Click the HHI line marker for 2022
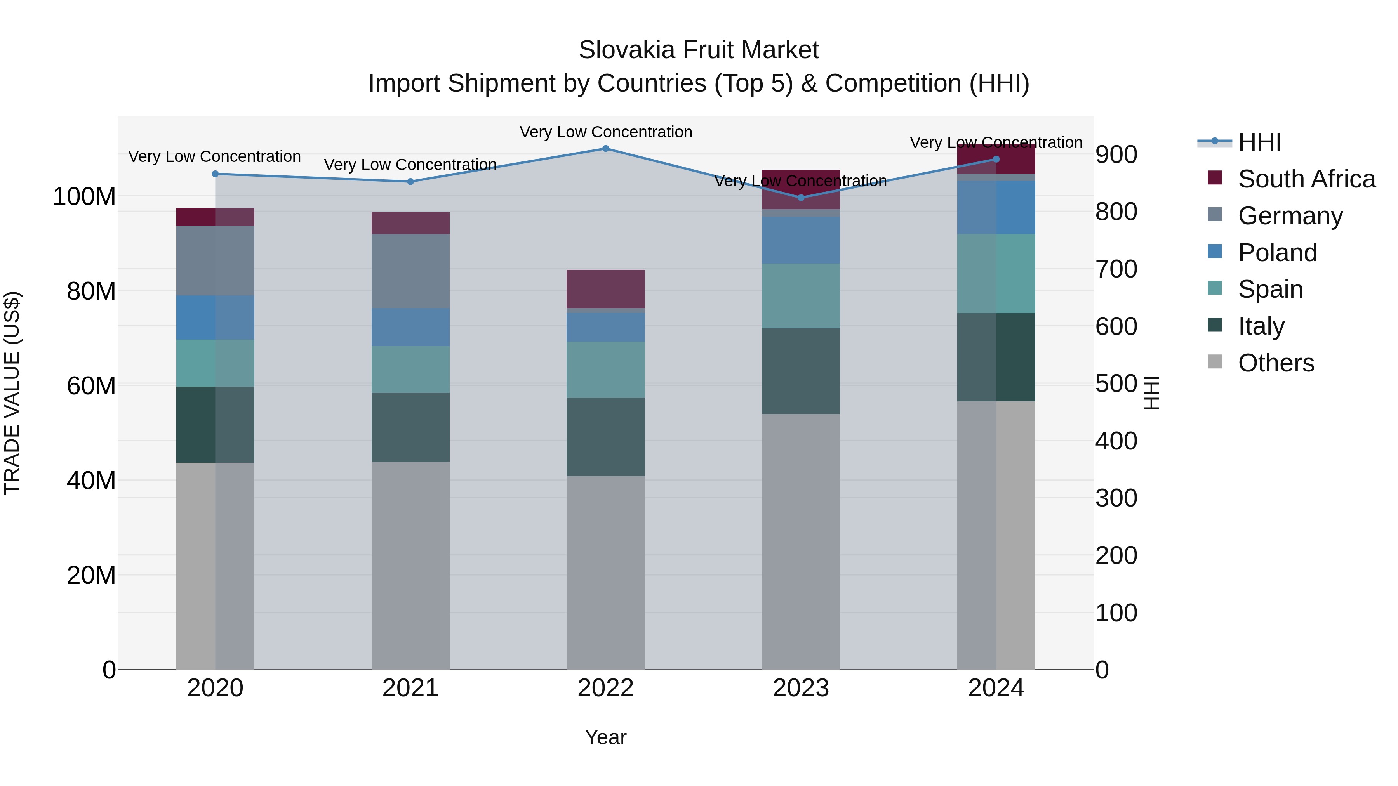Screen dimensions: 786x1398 tap(606, 149)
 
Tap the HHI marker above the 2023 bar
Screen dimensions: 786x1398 tap(801, 198)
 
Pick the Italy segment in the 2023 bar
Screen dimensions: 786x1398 tap(801, 371)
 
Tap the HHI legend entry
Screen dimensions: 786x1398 tap(1259, 142)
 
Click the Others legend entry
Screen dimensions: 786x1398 tap(1275, 363)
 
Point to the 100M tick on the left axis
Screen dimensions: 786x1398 tap(84, 196)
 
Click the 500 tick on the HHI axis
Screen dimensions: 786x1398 tap(1116, 383)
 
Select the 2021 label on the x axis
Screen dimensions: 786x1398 tap(410, 688)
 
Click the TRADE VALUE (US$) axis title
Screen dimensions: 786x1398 tap(12, 393)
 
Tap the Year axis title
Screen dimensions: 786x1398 tap(606, 737)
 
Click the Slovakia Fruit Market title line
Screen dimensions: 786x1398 tap(699, 50)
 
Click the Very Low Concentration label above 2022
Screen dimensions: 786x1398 tap(606, 132)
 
